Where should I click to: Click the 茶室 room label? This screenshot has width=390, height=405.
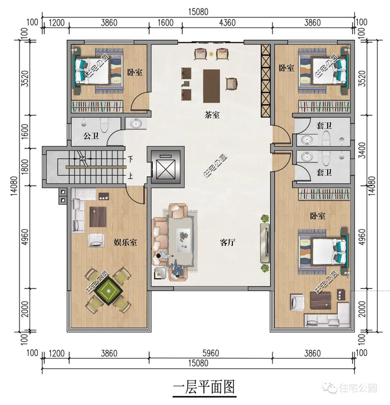[x=212, y=115]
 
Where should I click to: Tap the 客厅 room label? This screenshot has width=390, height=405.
[x=227, y=242]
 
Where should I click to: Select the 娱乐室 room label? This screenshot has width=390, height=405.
[x=125, y=242]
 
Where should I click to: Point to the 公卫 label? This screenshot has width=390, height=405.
[x=91, y=136]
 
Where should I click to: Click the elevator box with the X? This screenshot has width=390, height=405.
[x=165, y=166]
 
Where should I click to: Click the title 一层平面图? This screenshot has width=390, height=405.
[x=204, y=387]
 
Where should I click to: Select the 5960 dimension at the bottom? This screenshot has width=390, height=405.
[x=211, y=353]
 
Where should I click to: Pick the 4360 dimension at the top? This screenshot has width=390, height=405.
[x=227, y=23]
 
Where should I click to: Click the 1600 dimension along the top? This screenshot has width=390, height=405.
[x=165, y=23]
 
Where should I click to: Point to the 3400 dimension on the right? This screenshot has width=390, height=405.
[x=362, y=150]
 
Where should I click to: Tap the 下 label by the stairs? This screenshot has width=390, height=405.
[x=130, y=160]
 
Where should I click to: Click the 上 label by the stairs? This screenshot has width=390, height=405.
[x=130, y=176]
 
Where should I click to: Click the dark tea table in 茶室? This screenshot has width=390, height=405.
[x=212, y=86]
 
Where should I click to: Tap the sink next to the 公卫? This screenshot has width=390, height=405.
[x=136, y=123]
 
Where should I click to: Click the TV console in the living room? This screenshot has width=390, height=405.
[x=265, y=243]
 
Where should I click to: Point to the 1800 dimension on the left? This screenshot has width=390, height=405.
[x=25, y=167]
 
